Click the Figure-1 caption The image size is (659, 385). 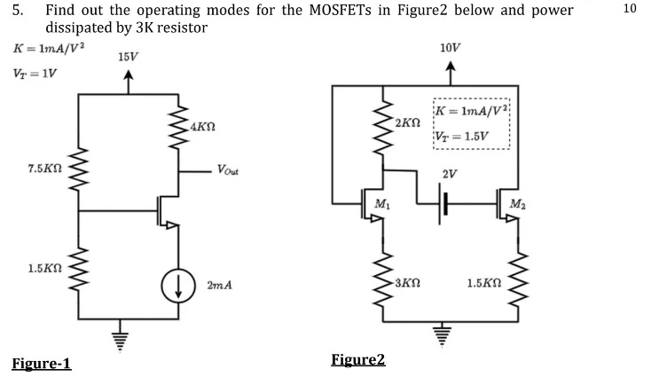pos(42,365)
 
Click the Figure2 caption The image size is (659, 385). pos(358,359)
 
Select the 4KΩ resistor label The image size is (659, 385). pos(204,128)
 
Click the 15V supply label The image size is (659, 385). pos(128,57)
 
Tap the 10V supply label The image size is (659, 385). pos(450,46)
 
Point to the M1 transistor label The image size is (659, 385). pos(382,205)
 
